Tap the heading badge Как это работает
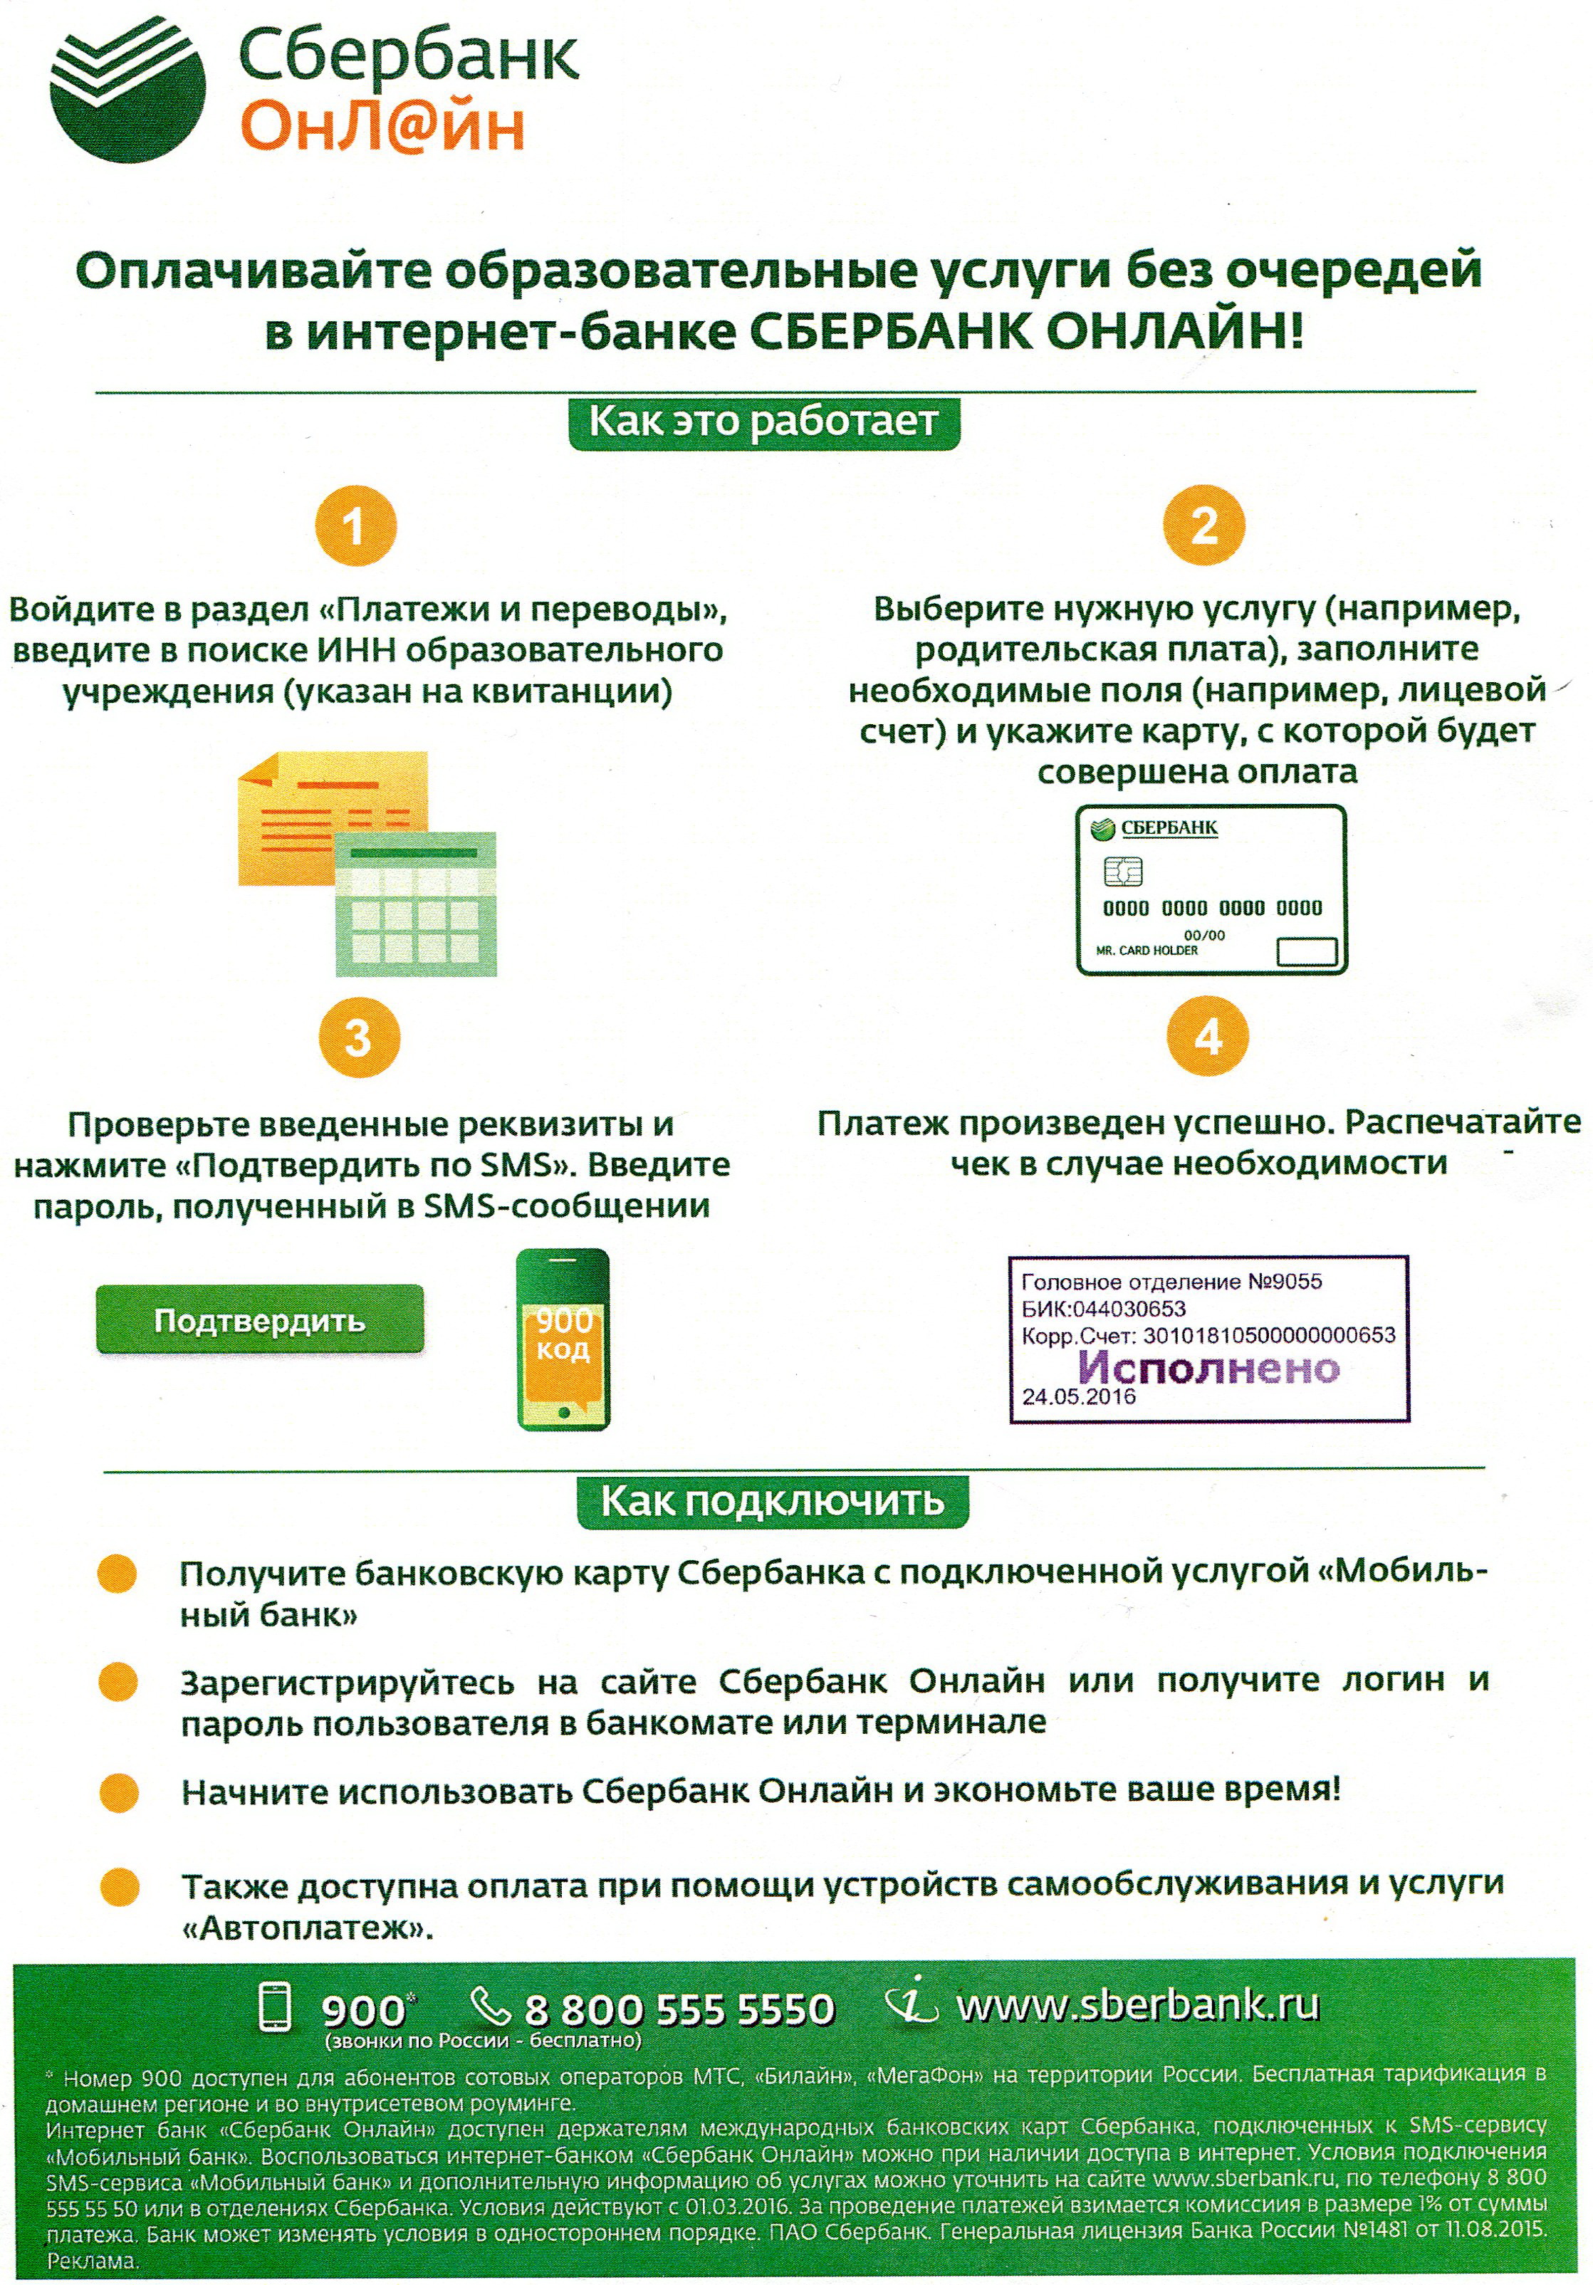pos(763,422)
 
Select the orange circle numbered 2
pos(1204,526)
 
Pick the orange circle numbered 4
pos(1208,1037)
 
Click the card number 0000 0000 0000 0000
pos(1212,908)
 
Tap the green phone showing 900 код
pos(563,1339)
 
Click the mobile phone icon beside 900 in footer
pos(276,2007)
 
